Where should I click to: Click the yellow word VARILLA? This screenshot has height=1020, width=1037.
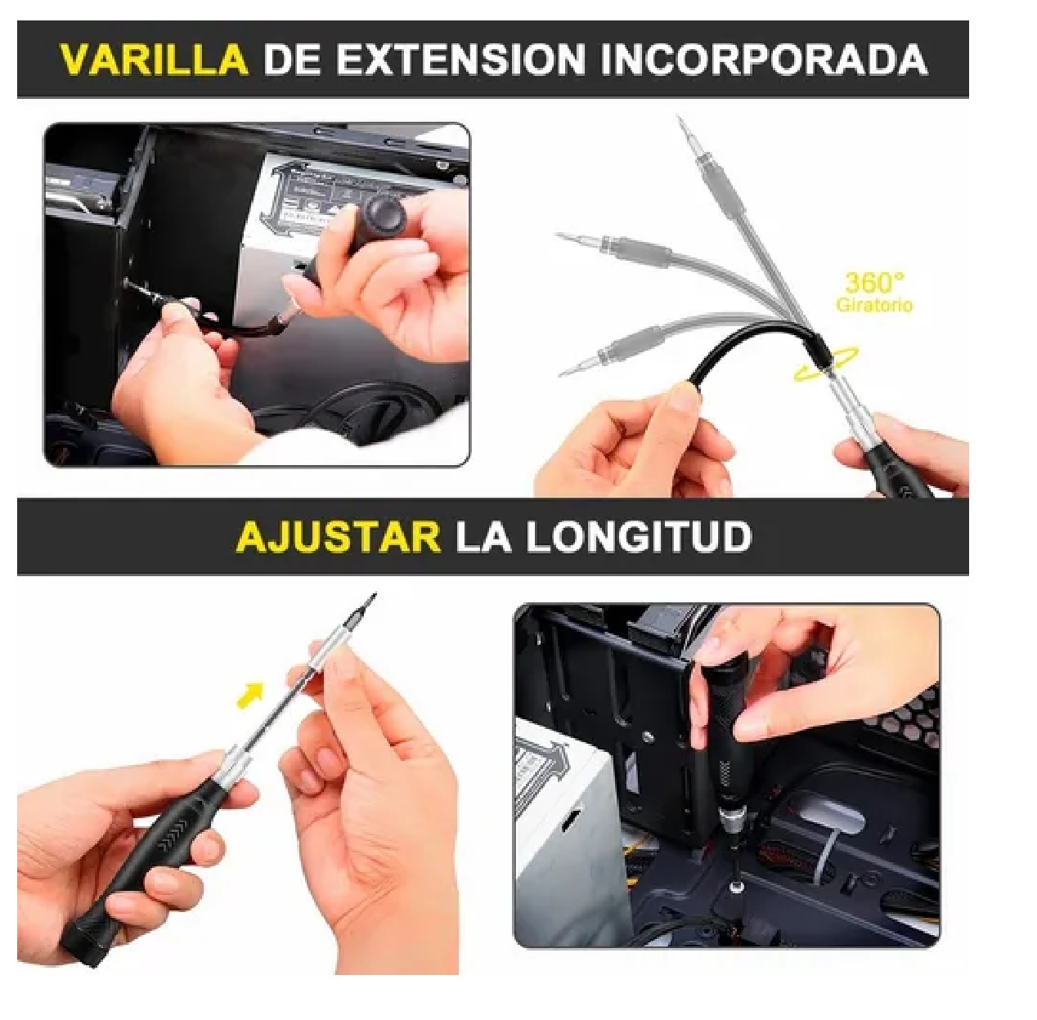tap(154, 60)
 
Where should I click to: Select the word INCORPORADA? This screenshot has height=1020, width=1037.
tap(764, 60)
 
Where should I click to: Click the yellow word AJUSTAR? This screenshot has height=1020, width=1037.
tap(338, 537)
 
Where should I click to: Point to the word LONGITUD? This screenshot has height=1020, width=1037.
tap(639, 537)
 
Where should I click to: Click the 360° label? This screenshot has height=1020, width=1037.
tap(874, 283)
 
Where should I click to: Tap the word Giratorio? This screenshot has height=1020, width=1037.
tap(874, 306)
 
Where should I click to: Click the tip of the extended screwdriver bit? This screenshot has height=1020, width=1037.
tap(374, 597)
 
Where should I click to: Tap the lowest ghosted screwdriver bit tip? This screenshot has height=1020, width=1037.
tap(563, 373)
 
